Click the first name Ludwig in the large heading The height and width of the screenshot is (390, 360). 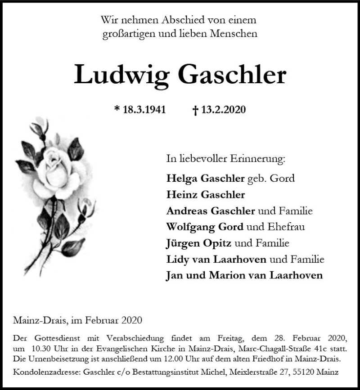pos(121,75)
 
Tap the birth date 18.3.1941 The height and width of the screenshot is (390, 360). pos(144,109)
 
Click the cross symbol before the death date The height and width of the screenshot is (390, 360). pos(195,110)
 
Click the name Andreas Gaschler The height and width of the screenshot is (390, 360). pos(211,211)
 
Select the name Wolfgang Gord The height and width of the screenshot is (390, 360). pos(204,227)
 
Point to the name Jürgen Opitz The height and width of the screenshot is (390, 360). pos(199,243)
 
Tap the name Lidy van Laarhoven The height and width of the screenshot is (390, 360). pos(216,259)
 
